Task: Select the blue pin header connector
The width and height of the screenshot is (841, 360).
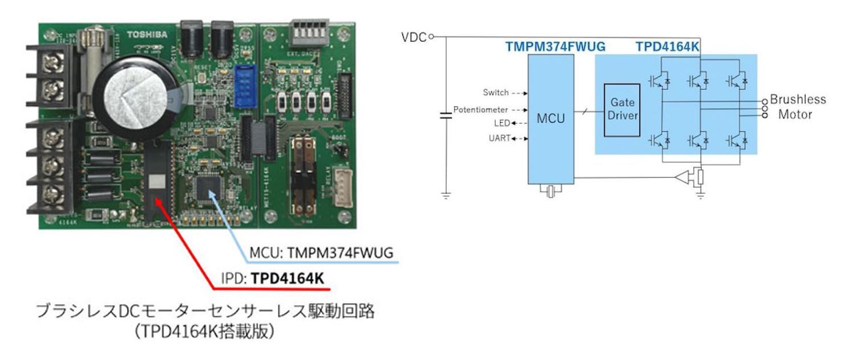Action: tap(246, 83)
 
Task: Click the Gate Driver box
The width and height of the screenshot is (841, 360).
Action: tap(622, 109)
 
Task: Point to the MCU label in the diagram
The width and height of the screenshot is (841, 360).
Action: tap(551, 119)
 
